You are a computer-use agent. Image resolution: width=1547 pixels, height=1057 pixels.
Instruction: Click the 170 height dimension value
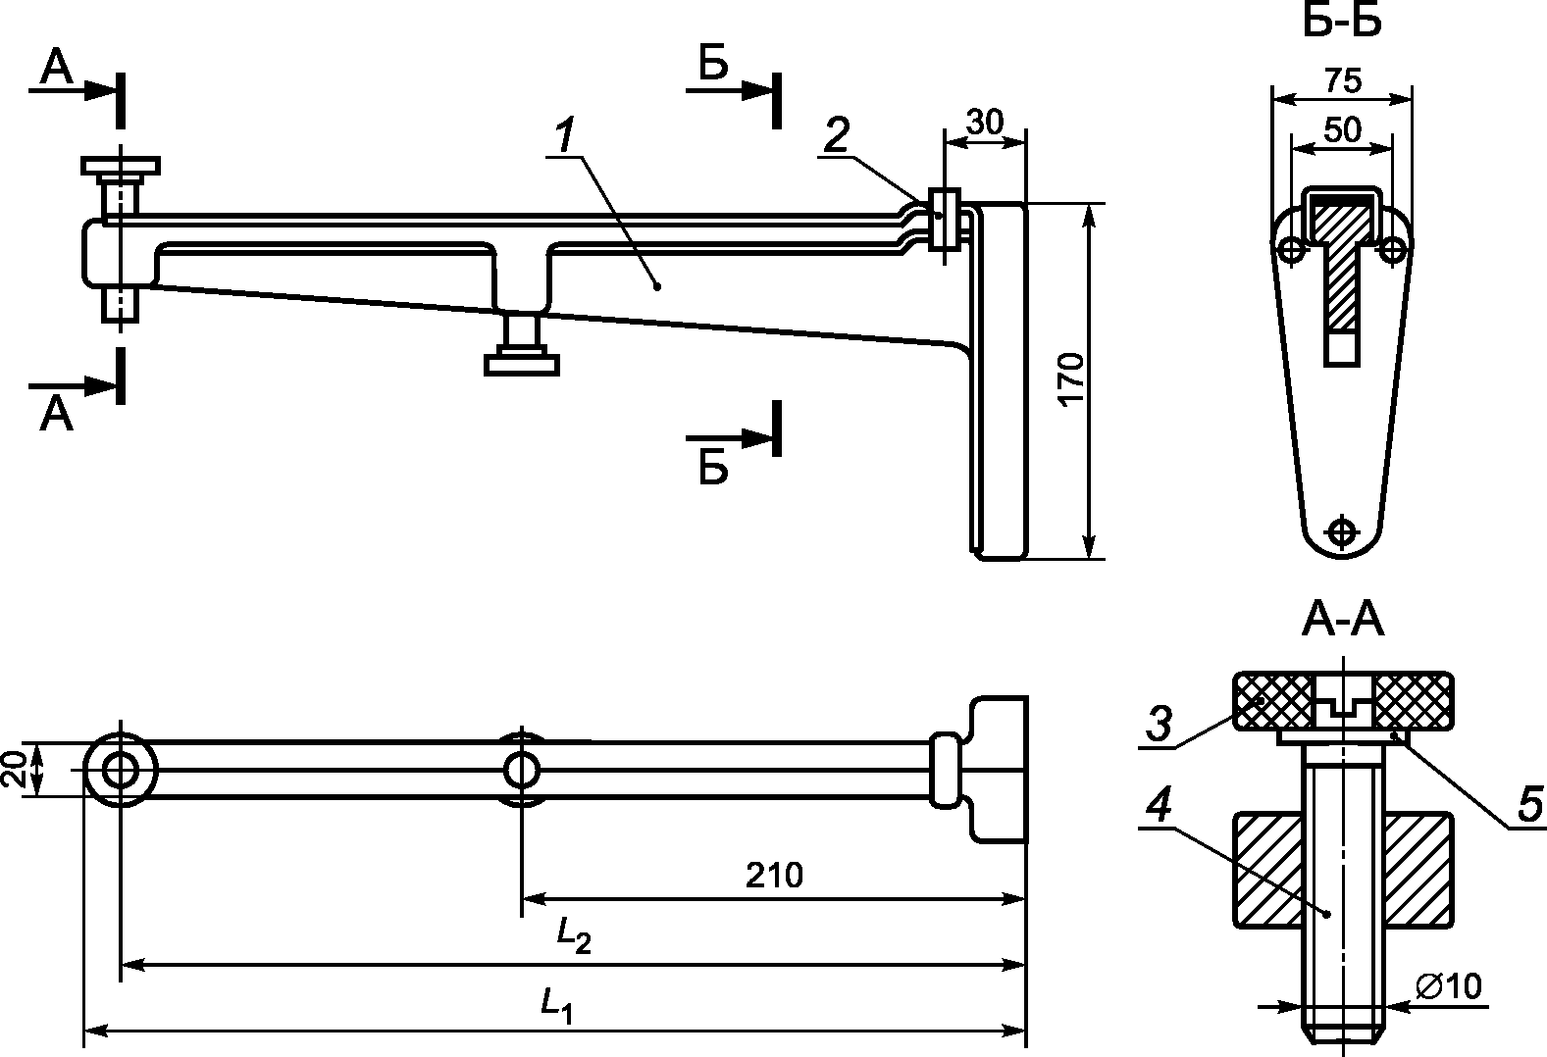pos(1071,379)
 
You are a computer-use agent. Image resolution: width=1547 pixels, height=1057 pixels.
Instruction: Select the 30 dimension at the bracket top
pos(985,123)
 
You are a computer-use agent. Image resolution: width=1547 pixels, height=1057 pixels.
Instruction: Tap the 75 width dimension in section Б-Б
pos(1343,80)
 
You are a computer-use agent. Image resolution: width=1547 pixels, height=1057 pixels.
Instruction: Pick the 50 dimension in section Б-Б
pos(1343,129)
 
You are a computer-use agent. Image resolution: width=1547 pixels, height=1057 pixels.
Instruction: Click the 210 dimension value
pos(774,876)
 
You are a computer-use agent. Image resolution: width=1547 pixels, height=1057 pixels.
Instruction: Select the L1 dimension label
pos(556,1004)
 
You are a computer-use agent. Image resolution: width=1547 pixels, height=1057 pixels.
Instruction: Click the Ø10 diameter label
pos(1448,985)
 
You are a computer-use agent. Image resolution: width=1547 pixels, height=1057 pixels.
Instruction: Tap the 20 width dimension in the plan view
pos(14,770)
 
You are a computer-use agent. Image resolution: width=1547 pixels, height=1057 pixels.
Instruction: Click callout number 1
pos(566,135)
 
